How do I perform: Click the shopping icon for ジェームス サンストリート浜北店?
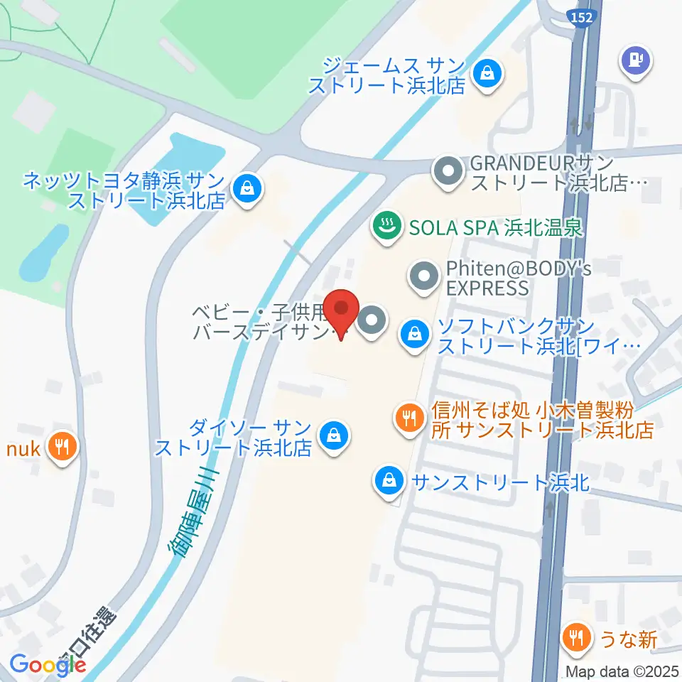coord(488,73)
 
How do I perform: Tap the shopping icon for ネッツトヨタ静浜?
coord(247,189)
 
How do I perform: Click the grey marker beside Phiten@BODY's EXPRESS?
coord(425,278)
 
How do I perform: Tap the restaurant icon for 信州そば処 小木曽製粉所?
coord(408,417)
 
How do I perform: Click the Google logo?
coord(48,664)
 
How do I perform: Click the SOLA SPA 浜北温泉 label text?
coord(495,228)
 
